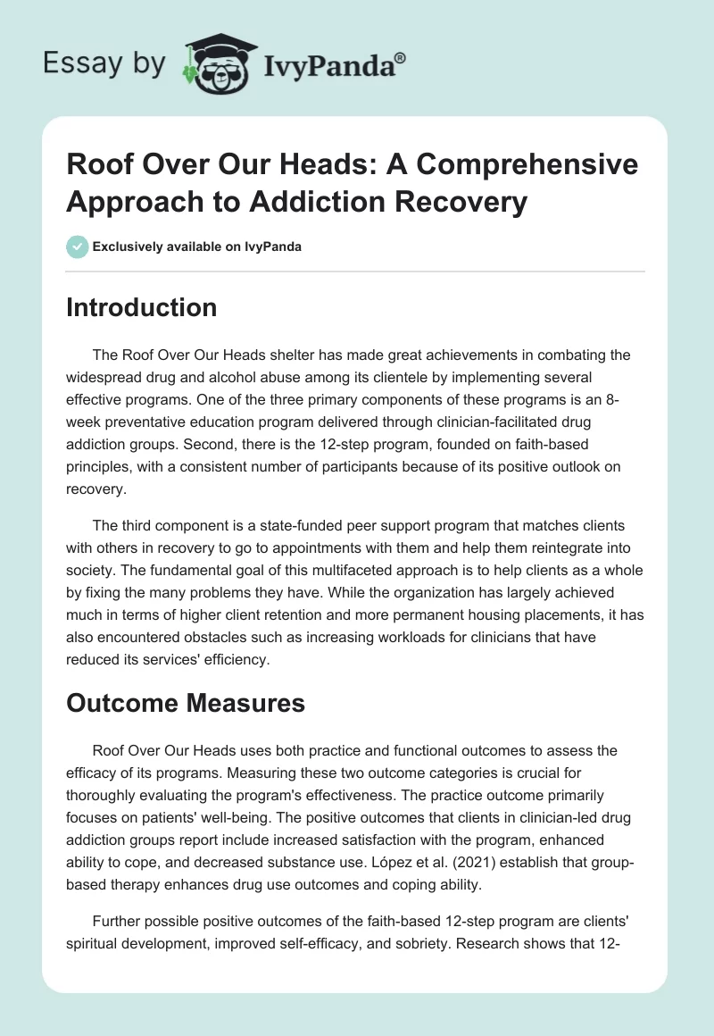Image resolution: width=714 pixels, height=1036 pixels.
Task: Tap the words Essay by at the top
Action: tap(104, 63)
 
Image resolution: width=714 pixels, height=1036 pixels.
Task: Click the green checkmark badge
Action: tap(78, 246)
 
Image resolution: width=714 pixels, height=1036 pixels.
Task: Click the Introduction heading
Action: tap(142, 307)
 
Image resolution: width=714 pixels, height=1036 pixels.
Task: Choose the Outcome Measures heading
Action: tap(186, 703)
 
